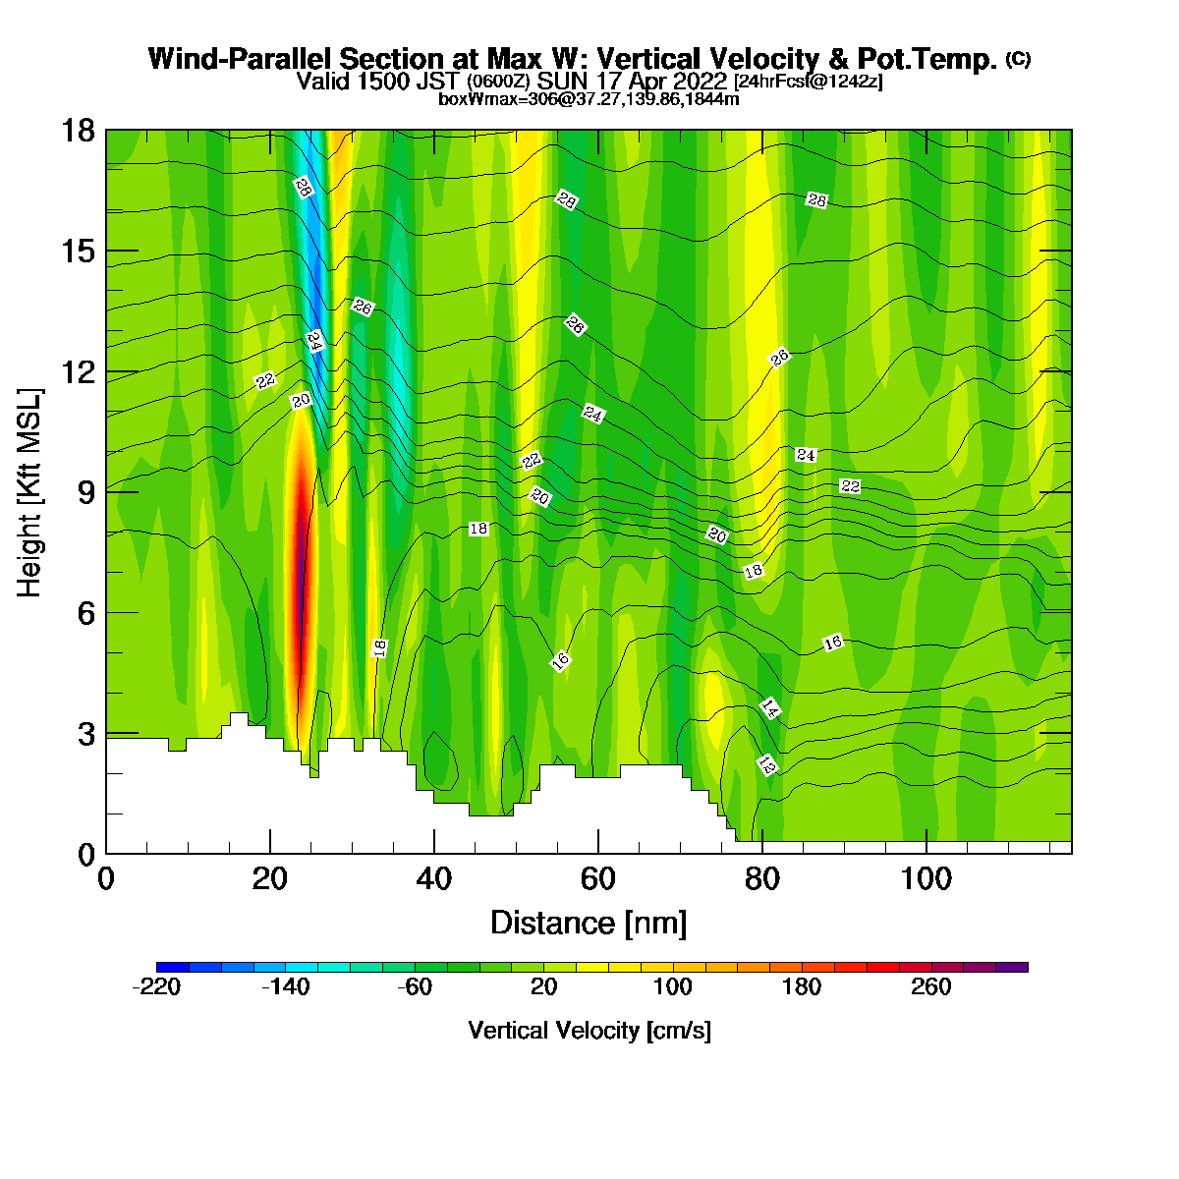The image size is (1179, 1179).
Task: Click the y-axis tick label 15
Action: (80, 252)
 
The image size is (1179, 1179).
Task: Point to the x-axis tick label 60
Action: (597, 879)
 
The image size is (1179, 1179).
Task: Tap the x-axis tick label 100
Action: (926, 879)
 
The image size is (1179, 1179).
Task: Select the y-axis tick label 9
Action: (86, 492)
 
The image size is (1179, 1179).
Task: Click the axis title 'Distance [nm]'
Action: (589, 923)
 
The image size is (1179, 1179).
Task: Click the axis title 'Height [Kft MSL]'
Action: (29, 492)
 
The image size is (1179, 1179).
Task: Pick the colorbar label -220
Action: (156, 986)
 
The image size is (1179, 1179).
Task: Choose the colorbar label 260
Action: (930, 986)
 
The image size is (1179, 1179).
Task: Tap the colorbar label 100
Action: (672, 986)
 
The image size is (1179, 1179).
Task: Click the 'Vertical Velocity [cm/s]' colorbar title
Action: (589, 1031)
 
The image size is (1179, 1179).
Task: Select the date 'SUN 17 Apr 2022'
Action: (632, 81)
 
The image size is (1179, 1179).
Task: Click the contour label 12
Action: (767, 764)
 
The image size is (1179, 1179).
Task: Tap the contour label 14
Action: (770, 708)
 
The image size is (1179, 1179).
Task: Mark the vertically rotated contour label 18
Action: (379, 647)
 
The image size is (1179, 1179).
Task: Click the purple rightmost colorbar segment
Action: (1011, 968)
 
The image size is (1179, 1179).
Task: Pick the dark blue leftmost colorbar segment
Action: (173, 968)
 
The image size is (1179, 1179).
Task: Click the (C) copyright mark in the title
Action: (1019, 59)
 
